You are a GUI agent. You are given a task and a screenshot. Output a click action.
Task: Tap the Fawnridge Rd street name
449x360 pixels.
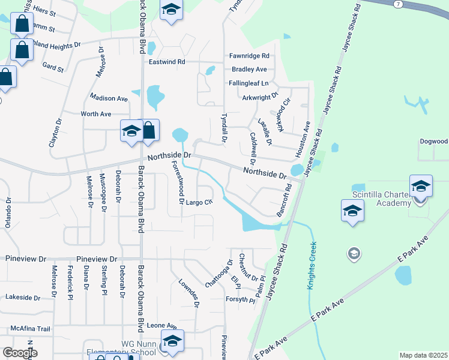249,56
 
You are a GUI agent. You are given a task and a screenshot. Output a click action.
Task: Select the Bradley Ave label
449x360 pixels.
248,70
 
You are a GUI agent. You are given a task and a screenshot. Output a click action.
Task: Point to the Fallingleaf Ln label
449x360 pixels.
248,83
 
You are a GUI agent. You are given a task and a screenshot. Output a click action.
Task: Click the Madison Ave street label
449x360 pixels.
109,98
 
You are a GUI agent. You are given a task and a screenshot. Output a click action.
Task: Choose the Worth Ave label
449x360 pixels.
96,114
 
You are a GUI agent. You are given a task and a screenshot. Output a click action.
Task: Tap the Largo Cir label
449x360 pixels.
200,202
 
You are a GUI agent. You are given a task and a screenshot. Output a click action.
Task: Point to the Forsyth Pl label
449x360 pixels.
241,300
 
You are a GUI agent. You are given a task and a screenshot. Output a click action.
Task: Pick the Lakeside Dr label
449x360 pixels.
22,297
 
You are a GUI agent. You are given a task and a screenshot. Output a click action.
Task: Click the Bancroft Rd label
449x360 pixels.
284,200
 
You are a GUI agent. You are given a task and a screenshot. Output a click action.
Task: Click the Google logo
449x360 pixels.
20,353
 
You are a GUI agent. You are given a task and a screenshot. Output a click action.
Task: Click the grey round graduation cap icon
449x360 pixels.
354,254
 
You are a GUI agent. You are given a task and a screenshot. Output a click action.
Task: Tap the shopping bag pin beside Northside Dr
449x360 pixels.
149,131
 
